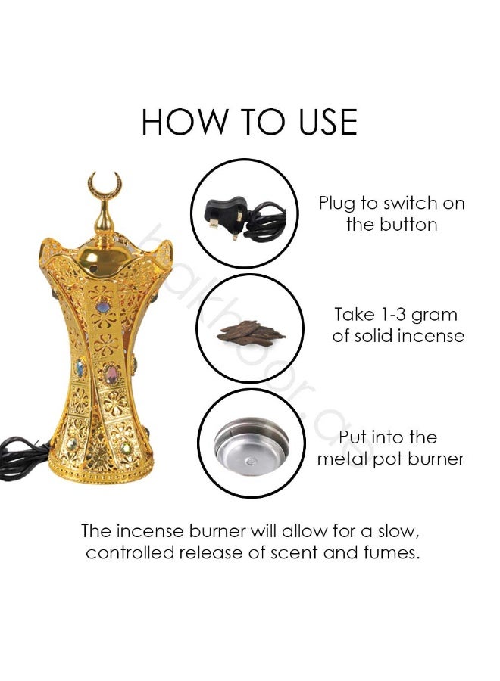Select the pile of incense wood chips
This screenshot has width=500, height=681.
250,333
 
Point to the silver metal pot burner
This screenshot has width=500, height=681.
252,445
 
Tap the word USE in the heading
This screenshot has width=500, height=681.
327,122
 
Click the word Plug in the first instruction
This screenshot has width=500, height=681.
337,204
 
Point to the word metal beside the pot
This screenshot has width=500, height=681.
342,459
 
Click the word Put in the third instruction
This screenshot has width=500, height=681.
354,437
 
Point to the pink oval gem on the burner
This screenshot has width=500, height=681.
111,374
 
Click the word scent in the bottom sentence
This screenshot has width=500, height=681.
292,553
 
